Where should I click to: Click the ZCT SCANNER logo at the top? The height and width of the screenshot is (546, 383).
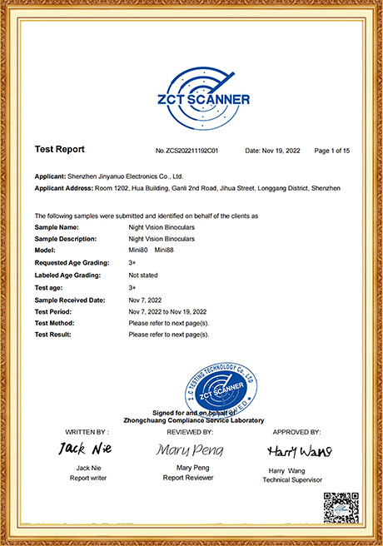tap(192, 93)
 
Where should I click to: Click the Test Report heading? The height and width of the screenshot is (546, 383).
tap(59, 150)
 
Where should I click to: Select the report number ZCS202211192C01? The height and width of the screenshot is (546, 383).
tap(187, 151)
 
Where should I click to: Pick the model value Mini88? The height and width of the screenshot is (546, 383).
tap(164, 250)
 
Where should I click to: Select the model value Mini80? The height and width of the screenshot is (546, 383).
tap(138, 250)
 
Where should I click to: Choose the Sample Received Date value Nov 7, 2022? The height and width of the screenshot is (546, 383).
tap(146, 298)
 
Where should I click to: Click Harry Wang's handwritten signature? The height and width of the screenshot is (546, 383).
tap(299, 451)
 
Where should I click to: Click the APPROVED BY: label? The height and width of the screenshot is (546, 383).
tap(297, 433)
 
